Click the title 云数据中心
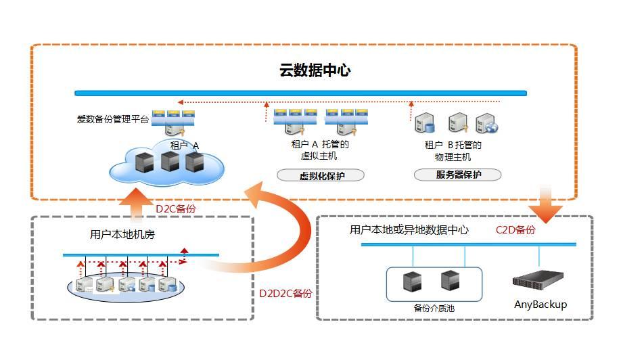point(315,70)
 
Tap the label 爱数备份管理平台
point(112,120)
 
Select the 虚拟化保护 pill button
point(321,175)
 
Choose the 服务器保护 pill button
point(458,175)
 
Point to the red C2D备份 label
point(515,230)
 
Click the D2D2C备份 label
point(285,294)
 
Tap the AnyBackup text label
point(540,305)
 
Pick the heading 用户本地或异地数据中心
point(409,230)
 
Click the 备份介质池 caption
point(434,308)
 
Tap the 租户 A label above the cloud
point(184,145)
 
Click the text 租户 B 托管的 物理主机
point(453,150)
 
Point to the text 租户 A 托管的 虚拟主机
point(319,150)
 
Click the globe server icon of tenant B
point(486,123)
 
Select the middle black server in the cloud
point(170,162)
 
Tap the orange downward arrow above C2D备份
point(549,206)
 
